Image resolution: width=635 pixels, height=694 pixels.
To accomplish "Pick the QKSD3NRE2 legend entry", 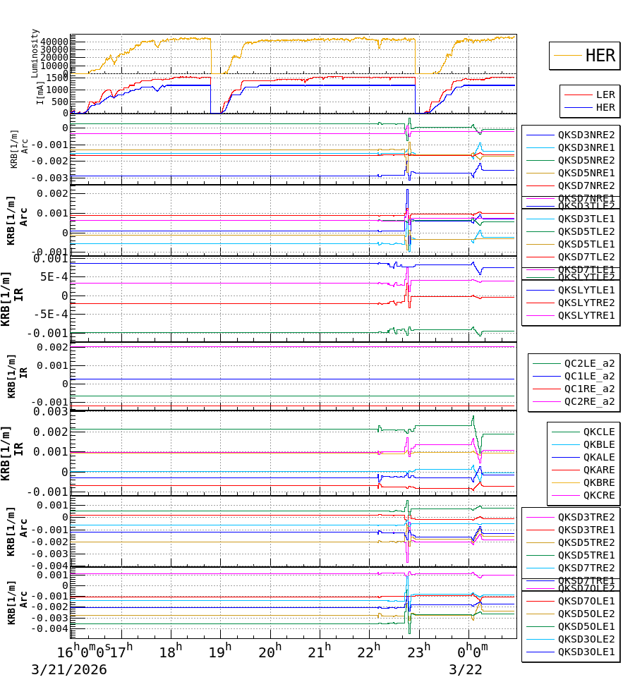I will pyautogui.click(x=586, y=135).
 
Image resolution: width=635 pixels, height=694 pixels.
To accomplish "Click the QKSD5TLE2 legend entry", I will pyautogui.click(x=586, y=231).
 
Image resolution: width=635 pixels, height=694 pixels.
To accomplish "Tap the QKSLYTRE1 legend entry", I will pyautogui.click(x=586, y=315).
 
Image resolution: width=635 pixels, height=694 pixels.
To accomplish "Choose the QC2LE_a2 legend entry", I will pyautogui.click(x=589, y=363).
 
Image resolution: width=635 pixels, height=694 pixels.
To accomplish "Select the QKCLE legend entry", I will pyautogui.click(x=598, y=432).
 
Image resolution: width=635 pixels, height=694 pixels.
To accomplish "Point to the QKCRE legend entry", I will pyautogui.click(x=598, y=495).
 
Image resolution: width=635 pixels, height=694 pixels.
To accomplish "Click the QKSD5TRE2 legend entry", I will pyautogui.click(x=586, y=542).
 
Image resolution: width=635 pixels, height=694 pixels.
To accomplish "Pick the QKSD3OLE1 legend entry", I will pyautogui.click(x=586, y=652).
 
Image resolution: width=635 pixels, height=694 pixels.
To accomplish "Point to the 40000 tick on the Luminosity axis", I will pyautogui.click(x=54, y=42).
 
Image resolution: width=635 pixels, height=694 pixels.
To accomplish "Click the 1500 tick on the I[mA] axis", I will pyautogui.click(x=57, y=78).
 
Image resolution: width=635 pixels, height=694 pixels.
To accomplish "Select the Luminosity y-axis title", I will pyautogui.click(x=35, y=53).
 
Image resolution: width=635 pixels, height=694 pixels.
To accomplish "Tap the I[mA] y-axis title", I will pyautogui.click(x=41, y=92).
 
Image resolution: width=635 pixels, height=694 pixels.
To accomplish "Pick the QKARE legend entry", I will pyautogui.click(x=598, y=470).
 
